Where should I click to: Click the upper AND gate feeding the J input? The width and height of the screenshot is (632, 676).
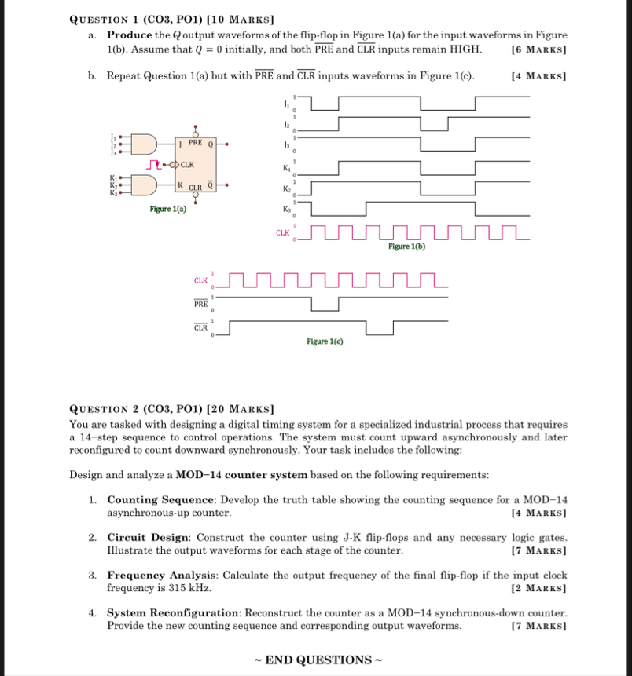pyautogui.click(x=145, y=144)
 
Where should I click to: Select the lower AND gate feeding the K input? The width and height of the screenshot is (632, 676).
pyautogui.click(x=145, y=185)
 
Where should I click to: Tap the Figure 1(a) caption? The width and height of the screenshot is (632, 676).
pyautogui.click(x=169, y=209)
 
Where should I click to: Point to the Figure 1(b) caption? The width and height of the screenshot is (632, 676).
pyautogui.click(x=406, y=246)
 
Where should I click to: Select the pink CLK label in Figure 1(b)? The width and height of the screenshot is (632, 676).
pyautogui.click(x=282, y=232)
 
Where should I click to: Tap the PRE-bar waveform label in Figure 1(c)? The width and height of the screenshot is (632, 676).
pyautogui.click(x=201, y=302)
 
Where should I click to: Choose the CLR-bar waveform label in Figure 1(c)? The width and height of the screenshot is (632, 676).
pyautogui.click(x=201, y=327)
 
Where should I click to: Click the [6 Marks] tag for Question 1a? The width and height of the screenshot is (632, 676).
pyautogui.click(x=538, y=49)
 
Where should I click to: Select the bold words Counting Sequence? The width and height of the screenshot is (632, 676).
pyautogui.click(x=163, y=500)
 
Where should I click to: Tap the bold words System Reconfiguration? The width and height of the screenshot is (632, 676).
pyautogui.click(x=174, y=612)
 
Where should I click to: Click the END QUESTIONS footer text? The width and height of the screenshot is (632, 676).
pyautogui.click(x=317, y=660)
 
